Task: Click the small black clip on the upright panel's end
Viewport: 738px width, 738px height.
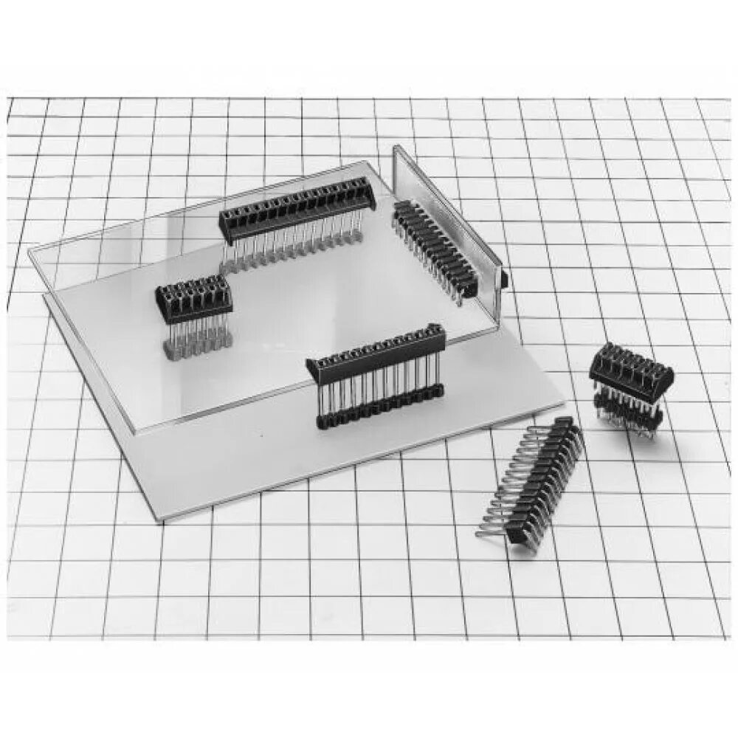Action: click(504, 279)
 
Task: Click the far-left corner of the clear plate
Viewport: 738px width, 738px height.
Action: click(30, 253)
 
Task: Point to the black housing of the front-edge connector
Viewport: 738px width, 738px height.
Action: click(376, 351)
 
